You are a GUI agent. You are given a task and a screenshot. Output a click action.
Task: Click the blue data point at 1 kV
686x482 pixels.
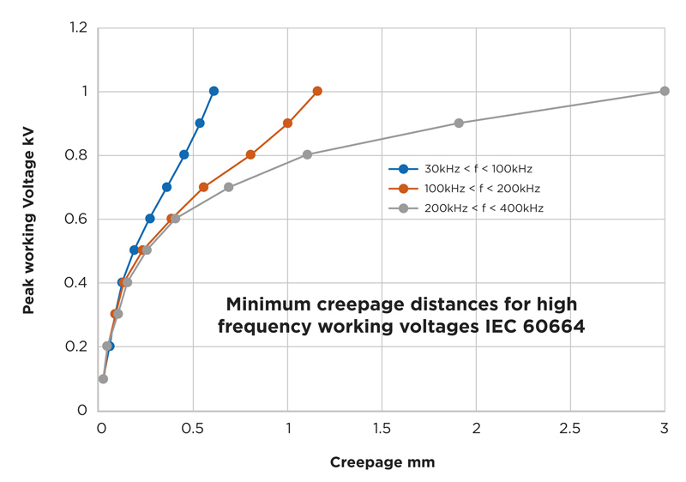[x=214, y=91]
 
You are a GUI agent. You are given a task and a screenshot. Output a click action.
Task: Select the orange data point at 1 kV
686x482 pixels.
[x=317, y=91]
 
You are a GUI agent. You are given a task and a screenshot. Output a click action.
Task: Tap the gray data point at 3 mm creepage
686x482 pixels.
[x=665, y=91]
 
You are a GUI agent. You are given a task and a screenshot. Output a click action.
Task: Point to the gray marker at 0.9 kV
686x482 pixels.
[x=459, y=123]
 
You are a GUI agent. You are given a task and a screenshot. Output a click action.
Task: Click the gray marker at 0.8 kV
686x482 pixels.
[x=307, y=154]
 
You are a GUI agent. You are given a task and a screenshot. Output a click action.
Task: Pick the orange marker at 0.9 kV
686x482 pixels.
[x=287, y=123]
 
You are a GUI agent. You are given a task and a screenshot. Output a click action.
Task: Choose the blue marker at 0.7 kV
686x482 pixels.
[x=166, y=187]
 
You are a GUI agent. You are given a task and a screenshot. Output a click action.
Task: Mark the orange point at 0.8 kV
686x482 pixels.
[x=250, y=155]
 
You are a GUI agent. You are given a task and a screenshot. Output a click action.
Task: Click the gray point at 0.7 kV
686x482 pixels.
[x=228, y=187]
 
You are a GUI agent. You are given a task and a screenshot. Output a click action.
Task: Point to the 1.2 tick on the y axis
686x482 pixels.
[x=80, y=28]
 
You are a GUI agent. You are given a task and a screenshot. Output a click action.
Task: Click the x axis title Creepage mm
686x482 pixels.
[x=382, y=462]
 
